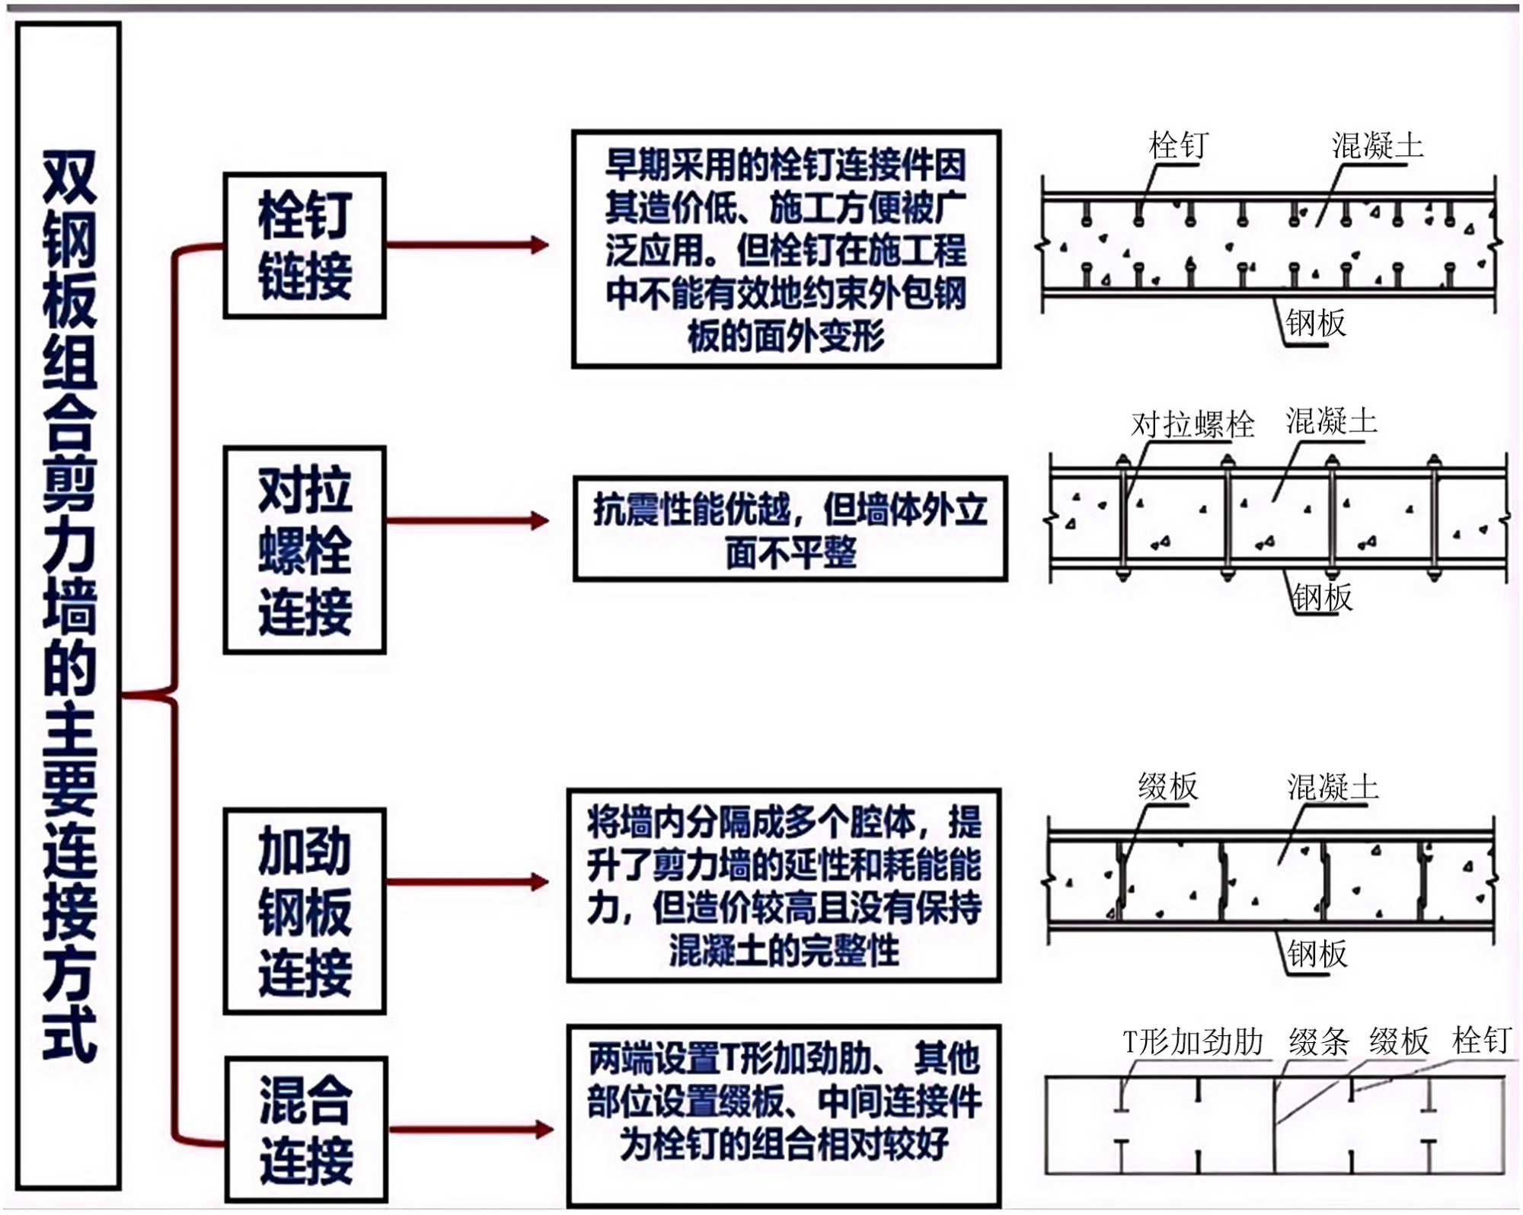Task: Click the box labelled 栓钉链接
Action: [x=305, y=245]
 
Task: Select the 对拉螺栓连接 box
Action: [x=305, y=550]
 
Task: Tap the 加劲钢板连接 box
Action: [x=305, y=911]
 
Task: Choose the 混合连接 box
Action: [x=306, y=1129]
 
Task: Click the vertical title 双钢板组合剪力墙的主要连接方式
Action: [x=69, y=606]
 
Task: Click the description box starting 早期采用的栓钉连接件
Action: [x=786, y=249]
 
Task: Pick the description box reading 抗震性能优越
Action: [x=790, y=529]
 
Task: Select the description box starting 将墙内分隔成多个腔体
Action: [x=784, y=885]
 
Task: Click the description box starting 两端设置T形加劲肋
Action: [x=784, y=1115]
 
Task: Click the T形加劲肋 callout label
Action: [x=1193, y=1041]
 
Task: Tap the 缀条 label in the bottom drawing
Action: [x=1318, y=1041]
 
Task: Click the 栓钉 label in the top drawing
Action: [x=1178, y=145]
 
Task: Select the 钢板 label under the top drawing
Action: [x=1316, y=323]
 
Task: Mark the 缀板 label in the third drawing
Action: [x=1168, y=786]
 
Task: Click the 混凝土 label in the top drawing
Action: [x=1377, y=145]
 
